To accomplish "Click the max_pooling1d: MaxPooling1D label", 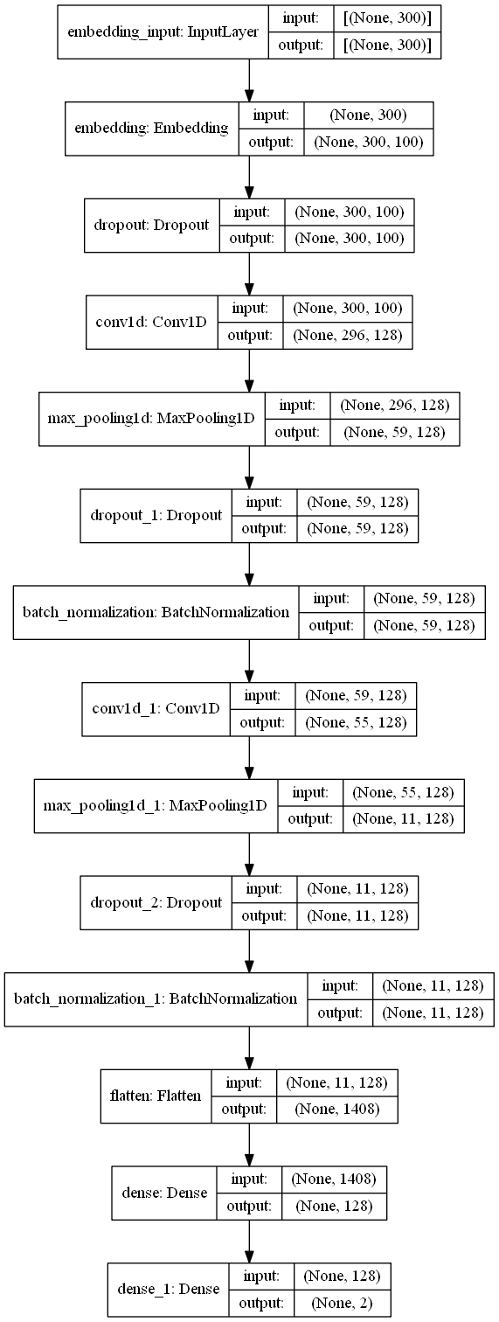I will (151, 419).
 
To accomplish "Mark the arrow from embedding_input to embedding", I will (250, 81).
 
